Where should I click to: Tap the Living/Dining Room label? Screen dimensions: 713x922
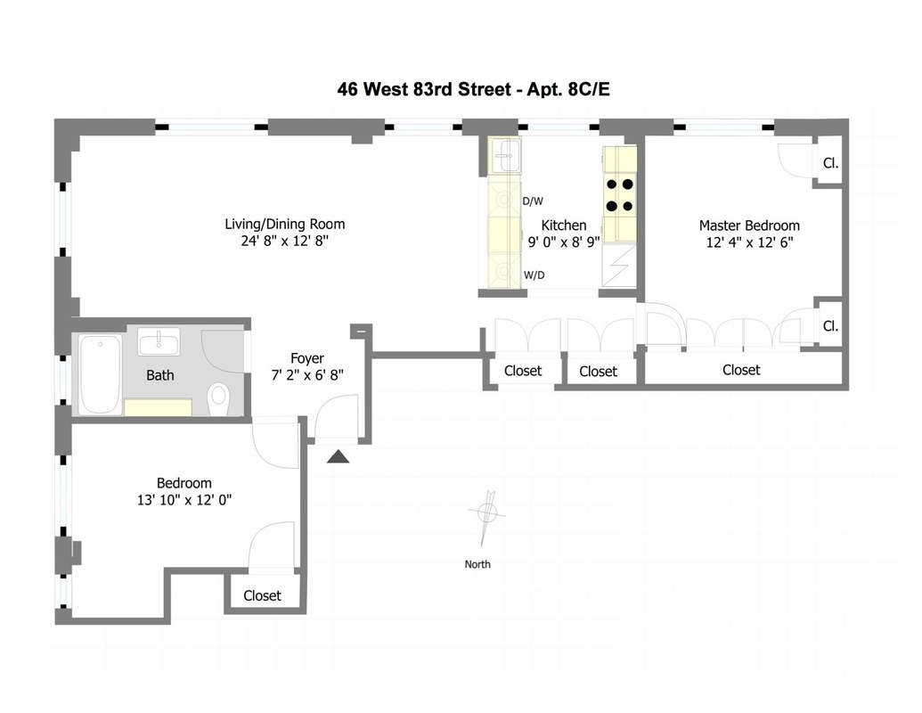[x=284, y=224]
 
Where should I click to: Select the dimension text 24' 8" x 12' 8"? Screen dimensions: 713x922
[x=284, y=241]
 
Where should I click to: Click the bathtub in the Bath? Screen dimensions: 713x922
[x=100, y=373]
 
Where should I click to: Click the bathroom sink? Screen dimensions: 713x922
[x=159, y=341]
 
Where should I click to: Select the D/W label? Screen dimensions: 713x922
[x=533, y=201]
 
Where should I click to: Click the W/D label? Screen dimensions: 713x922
[x=534, y=275]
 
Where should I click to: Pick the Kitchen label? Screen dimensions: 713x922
[x=564, y=225]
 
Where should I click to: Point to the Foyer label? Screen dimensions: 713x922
[x=307, y=359]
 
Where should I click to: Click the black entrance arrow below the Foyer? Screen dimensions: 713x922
[x=339, y=457]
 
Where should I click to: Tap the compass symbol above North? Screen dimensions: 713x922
[x=487, y=513]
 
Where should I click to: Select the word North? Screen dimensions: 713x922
[x=477, y=564]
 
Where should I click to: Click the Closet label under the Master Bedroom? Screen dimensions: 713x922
[x=741, y=369]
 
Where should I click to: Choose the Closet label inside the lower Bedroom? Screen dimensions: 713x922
[x=262, y=595]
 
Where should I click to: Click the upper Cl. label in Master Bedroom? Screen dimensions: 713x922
[x=830, y=164]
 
